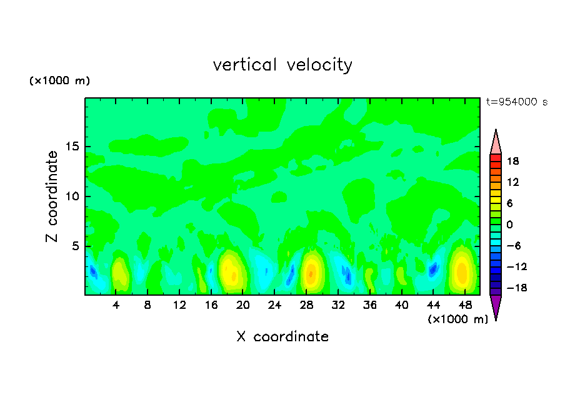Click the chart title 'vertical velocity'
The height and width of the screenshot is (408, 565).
click(282, 65)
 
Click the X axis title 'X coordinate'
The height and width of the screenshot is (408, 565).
click(282, 337)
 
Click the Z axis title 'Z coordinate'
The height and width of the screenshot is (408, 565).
click(52, 197)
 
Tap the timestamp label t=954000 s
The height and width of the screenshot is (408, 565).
click(516, 102)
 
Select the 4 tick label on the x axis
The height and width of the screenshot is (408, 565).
click(116, 306)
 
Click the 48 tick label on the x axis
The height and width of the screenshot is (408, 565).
click(465, 306)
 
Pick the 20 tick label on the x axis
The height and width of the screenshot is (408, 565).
click(242, 306)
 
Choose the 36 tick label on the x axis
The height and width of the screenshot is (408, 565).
click(370, 306)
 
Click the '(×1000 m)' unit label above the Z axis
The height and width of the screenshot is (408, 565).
click(60, 81)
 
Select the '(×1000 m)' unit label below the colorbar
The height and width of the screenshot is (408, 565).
click(457, 319)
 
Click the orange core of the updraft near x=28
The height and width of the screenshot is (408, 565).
click(311, 273)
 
